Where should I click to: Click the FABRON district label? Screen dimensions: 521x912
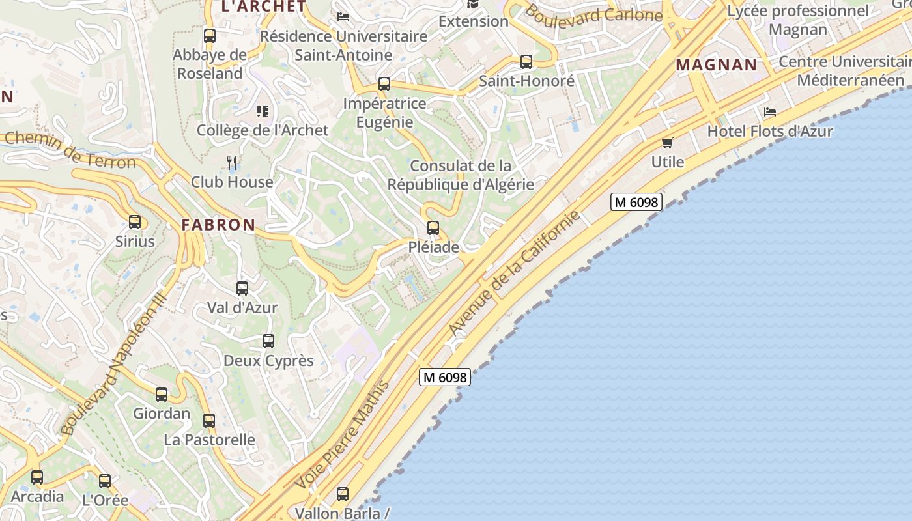click(218, 225)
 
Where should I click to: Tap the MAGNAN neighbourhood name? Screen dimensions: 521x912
click(717, 65)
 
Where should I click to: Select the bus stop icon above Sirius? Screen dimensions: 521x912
click(135, 222)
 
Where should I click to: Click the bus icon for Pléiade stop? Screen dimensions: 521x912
click(433, 228)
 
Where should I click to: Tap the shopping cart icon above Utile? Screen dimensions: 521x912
click(667, 143)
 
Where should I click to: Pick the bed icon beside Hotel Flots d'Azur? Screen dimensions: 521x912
click(770, 112)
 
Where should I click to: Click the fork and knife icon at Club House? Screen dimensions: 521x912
click(232, 162)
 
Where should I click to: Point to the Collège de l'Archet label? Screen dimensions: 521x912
click(263, 130)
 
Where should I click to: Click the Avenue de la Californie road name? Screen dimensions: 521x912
click(515, 274)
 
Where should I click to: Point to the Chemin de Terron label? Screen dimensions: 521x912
click(70, 149)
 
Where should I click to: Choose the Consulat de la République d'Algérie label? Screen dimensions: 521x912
click(461, 175)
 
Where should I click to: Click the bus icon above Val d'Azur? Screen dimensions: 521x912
click(242, 289)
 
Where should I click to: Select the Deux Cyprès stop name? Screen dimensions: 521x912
click(268, 361)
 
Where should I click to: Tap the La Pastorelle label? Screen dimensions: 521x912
click(209, 440)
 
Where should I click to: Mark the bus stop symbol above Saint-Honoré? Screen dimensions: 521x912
click(526, 62)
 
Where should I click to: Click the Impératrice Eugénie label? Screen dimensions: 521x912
click(384, 113)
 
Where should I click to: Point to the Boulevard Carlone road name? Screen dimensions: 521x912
click(593, 14)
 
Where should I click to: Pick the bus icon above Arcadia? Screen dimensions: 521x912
click(37, 477)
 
